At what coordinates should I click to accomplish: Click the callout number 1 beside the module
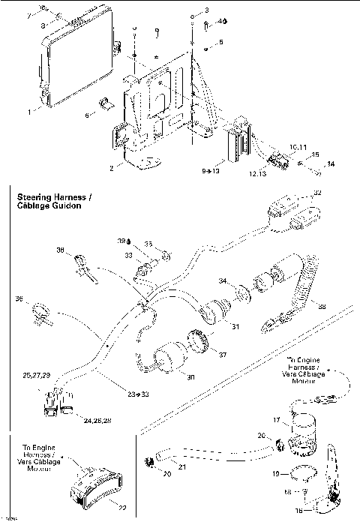coord(29,111)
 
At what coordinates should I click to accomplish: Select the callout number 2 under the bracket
coord(111,169)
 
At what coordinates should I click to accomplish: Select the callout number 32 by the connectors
coord(317,193)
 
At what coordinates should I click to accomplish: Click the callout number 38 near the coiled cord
coord(322,305)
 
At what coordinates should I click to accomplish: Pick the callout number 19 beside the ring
coord(276,474)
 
